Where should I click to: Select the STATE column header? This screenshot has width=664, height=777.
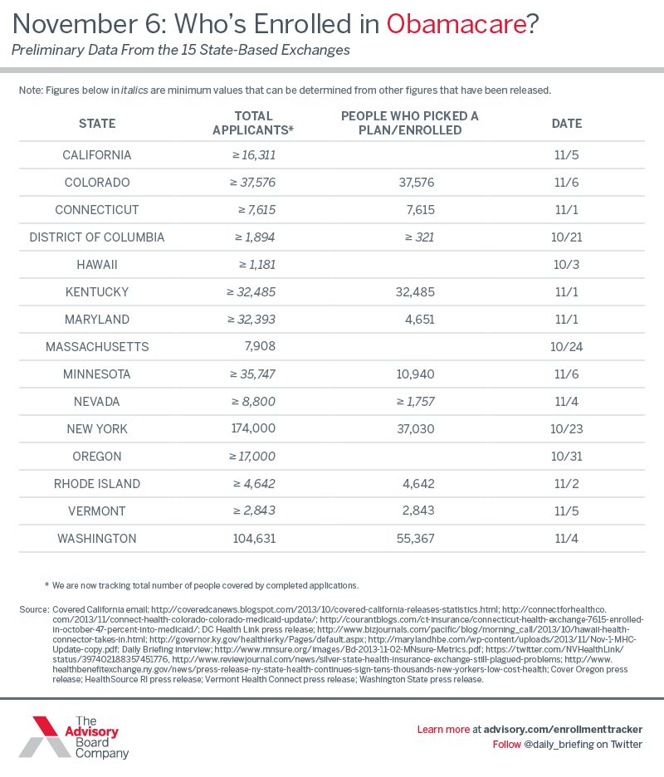coord(97,124)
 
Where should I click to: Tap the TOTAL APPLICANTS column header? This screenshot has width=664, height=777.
coord(254,124)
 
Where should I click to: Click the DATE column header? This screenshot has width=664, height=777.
coord(567,124)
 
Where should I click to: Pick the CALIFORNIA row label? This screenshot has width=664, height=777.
coord(97,155)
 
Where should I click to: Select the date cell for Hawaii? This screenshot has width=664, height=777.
coord(567,265)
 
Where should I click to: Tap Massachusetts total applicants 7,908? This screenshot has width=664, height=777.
coord(256,347)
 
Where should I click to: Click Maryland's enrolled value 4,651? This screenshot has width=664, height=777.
coord(417,320)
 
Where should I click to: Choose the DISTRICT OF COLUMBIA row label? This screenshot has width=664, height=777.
coord(97,237)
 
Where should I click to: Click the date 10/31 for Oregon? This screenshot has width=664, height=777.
coord(567,457)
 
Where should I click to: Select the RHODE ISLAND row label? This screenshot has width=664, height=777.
coord(97,484)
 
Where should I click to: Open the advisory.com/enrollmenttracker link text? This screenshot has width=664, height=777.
coord(562,729)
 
